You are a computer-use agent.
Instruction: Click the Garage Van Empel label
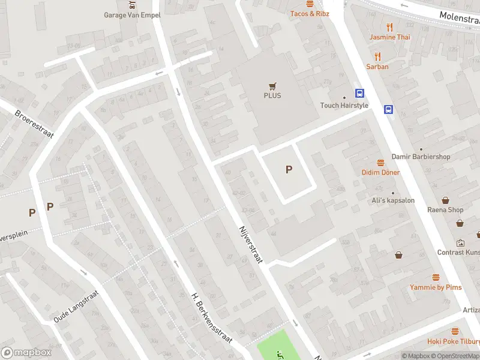(x=132, y=15)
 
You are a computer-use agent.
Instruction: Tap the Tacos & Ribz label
(x=310, y=13)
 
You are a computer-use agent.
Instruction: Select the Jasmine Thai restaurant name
(x=390, y=37)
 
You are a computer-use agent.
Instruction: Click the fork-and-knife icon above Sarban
(x=377, y=56)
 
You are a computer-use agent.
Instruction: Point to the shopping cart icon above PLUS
(x=272, y=86)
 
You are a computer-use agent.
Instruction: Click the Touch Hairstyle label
(x=344, y=106)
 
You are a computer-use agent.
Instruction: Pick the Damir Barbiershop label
(x=421, y=157)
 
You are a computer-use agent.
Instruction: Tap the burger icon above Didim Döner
(x=380, y=163)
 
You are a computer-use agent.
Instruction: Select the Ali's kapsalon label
(x=392, y=200)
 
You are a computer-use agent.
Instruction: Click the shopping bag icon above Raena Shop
(x=446, y=200)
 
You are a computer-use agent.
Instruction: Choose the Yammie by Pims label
(x=436, y=287)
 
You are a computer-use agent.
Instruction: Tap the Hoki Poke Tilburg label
(x=453, y=341)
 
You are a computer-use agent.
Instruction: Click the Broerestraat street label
(x=34, y=124)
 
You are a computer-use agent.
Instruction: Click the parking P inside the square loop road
(x=289, y=170)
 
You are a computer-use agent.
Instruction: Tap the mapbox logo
(x=26, y=352)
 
